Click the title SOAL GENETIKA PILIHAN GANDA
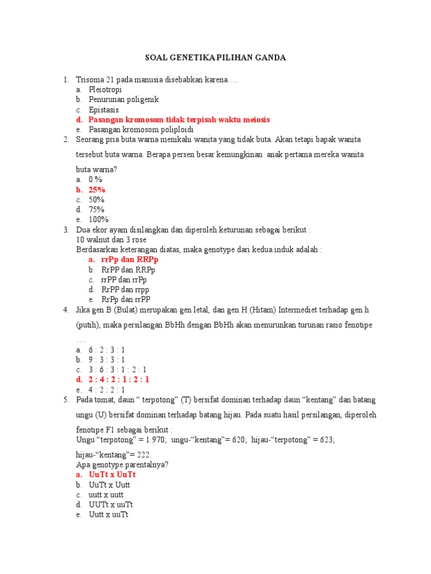(216, 58)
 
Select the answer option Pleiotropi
(105, 90)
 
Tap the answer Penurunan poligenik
(123, 100)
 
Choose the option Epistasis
(104, 110)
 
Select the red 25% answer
(97, 189)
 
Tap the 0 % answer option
(95, 179)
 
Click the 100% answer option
(98, 219)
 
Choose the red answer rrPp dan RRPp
(129, 260)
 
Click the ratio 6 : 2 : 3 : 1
(107, 350)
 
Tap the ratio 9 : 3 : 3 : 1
(107, 360)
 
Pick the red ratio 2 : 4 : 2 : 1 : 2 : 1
(119, 379)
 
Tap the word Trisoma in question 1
(90, 80)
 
